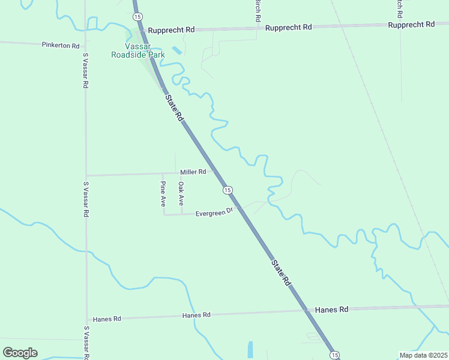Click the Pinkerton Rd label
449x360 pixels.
(61, 45)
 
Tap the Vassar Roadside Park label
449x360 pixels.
(138, 50)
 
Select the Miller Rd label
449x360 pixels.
(193, 172)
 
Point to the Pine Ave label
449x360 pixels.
(163, 194)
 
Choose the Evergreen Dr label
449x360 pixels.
(214, 212)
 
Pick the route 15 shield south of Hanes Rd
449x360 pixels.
(334, 355)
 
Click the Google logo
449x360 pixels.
(20, 352)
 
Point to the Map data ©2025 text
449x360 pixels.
(423, 355)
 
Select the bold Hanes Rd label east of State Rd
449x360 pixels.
(327, 310)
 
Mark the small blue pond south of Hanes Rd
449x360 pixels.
(250, 349)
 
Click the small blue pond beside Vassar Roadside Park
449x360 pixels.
(176, 52)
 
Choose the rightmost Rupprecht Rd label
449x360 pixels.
(411, 25)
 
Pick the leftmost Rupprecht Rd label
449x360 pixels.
(172, 29)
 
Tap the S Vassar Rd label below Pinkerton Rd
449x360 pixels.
(86, 71)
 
